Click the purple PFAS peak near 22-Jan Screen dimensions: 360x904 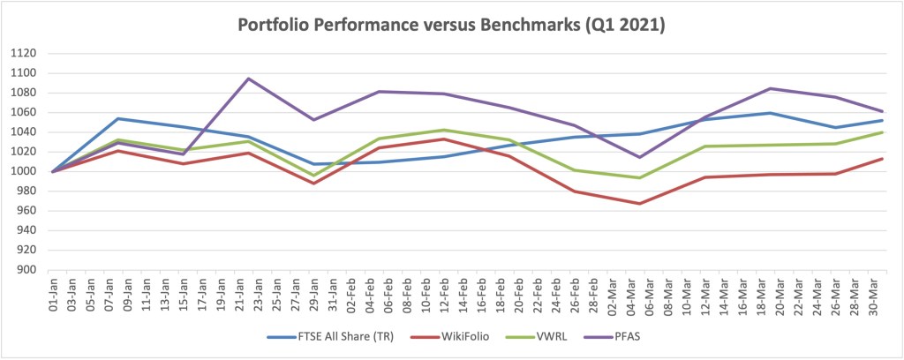pos(248,79)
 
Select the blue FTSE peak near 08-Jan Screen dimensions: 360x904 pos(118,118)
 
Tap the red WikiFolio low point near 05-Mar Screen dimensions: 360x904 pos(638,204)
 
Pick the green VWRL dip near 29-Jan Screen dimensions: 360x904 pos(313,175)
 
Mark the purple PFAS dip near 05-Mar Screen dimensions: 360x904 pos(638,157)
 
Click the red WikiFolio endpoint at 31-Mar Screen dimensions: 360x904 pos(883,159)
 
